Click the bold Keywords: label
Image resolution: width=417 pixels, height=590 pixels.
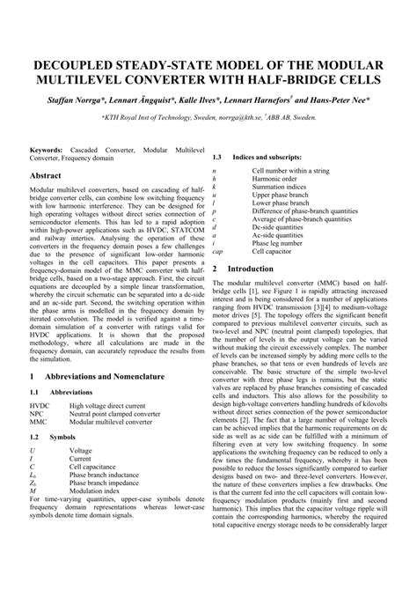pyautogui.click(x=50, y=151)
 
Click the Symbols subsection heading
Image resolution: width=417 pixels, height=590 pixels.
pyautogui.click(x=62, y=437)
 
